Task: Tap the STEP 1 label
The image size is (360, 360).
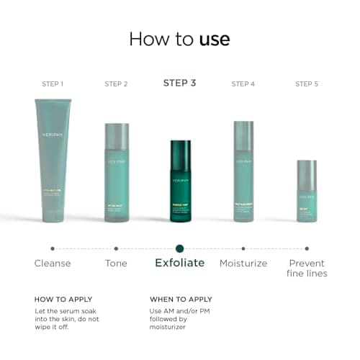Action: coord(52,84)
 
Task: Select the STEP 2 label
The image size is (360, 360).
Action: coord(116,84)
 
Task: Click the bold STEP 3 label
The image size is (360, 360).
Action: coord(179,83)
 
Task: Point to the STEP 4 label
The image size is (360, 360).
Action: coord(243,84)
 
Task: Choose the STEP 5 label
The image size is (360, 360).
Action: coord(307,84)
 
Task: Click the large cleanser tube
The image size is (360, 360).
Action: coord(53,159)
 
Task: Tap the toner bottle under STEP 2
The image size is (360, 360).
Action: coord(117,172)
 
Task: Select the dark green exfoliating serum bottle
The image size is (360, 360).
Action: coord(180,181)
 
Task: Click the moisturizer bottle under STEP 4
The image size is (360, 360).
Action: coord(243,171)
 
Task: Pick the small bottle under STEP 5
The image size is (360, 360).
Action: coord(307,191)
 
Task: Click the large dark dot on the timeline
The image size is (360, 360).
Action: coord(179,248)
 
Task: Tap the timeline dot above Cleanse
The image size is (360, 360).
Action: coord(53,248)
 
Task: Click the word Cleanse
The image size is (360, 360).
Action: coord(53,264)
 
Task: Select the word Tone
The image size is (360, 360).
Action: coord(116,264)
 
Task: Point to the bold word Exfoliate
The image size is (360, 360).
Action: coord(179,263)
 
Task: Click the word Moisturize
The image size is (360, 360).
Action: coord(243,264)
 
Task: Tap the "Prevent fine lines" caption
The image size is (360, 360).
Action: coord(307,269)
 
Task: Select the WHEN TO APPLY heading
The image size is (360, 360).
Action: coord(181,299)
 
